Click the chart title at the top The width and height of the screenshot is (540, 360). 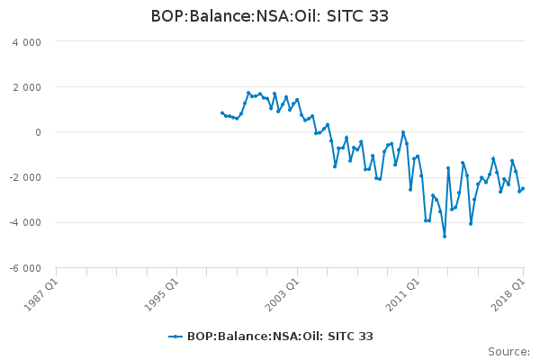[x=270, y=16]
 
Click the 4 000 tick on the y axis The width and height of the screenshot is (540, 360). [x=27, y=42]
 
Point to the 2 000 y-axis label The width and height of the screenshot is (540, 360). [x=27, y=87]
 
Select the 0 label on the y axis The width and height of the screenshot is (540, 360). [x=38, y=132]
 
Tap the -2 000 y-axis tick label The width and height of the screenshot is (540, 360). [x=25, y=178]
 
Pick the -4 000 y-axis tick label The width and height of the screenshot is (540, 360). [x=25, y=223]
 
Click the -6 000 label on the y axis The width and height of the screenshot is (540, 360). [x=25, y=268]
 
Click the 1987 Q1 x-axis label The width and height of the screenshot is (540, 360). [x=41, y=294]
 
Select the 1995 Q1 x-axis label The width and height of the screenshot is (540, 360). [x=161, y=294]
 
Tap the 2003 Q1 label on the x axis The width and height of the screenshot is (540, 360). [x=283, y=294]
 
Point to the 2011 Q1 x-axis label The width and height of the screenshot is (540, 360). [x=403, y=294]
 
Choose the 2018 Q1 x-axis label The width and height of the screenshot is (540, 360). [x=508, y=294]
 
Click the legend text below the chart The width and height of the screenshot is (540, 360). [x=280, y=337]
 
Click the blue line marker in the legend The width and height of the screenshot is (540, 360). [x=175, y=337]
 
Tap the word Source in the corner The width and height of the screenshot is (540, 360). [x=508, y=352]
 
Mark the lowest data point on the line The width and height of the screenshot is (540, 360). [x=445, y=237]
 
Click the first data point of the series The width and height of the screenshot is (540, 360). [x=222, y=113]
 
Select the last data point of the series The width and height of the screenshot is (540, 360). [x=523, y=188]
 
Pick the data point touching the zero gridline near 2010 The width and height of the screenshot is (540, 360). [x=403, y=132]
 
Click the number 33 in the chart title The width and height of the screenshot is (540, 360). [x=379, y=16]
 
